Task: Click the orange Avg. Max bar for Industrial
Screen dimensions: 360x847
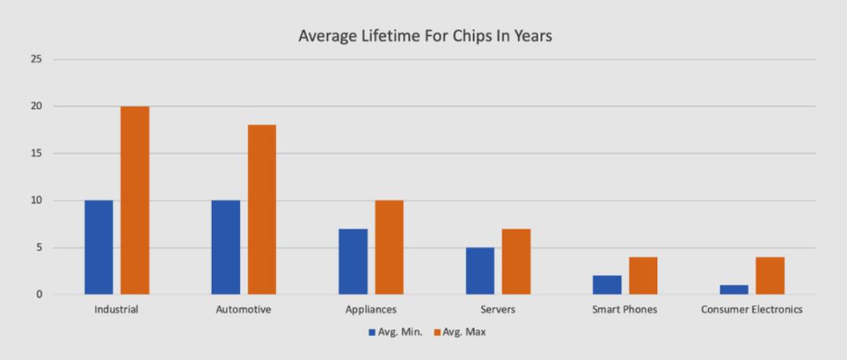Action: (x=135, y=200)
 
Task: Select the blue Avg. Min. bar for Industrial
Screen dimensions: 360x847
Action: (x=98, y=247)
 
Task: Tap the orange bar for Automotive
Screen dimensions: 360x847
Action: (x=262, y=209)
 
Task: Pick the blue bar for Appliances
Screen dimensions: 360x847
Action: (x=353, y=261)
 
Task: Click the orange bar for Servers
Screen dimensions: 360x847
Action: (x=516, y=261)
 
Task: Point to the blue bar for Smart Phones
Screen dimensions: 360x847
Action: (x=607, y=285)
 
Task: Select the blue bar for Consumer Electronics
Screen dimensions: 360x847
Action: (x=734, y=289)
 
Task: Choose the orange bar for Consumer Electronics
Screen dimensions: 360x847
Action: (x=770, y=275)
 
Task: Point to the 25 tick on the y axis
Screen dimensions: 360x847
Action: (x=35, y=59)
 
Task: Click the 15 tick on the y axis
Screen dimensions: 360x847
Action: (x=35, y=153)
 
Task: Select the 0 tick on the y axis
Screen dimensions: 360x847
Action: (x=38, y=295)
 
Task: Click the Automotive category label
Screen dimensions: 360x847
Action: (x=243, y=310)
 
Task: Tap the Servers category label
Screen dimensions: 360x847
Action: (x=498, y=310)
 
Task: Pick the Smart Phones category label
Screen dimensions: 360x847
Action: (x=624, y=310)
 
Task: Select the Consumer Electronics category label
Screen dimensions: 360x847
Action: (x=751, y=310)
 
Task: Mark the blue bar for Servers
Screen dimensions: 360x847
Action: (x=480, y=271)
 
